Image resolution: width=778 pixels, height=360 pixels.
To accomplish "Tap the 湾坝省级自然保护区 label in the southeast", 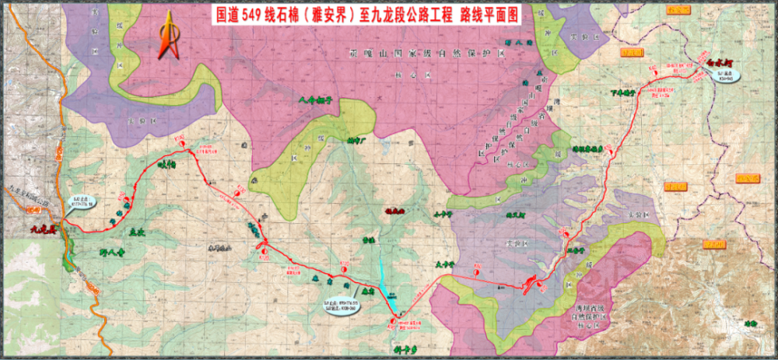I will (x=594, y=314).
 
